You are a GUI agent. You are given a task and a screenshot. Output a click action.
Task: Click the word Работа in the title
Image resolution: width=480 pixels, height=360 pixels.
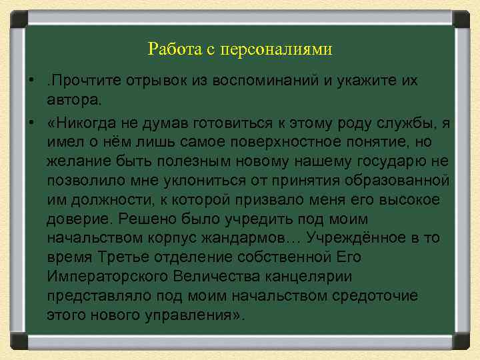(x=169, y=49)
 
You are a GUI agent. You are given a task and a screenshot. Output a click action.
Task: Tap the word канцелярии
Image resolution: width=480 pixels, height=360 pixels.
(x=295, y=276)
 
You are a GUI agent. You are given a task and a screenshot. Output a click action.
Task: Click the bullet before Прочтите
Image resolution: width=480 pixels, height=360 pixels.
(x=31, y=81)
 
